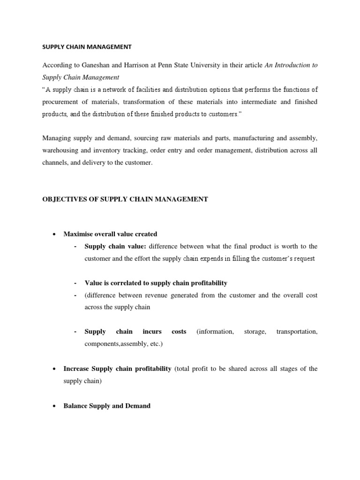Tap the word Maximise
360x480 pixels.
(78, 234)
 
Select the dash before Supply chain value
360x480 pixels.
(75, 247)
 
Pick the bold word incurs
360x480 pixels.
(153, 331)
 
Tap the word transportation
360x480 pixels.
(297, 331)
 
